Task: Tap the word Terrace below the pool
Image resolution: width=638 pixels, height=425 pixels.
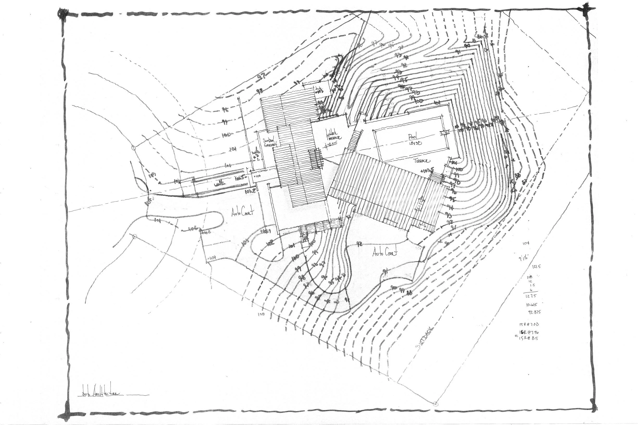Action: [x=422, y=161]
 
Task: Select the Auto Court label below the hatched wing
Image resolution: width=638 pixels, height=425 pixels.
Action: [x=385, y=253]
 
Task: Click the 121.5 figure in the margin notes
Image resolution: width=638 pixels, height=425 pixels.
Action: [x=536, y=266]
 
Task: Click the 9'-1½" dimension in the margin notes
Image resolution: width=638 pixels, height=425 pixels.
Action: [x=524, y=258]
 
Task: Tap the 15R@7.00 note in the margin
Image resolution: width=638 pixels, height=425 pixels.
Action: [x=529, y=324]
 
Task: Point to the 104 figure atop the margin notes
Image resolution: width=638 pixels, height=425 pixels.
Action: [x=526, y=243]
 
